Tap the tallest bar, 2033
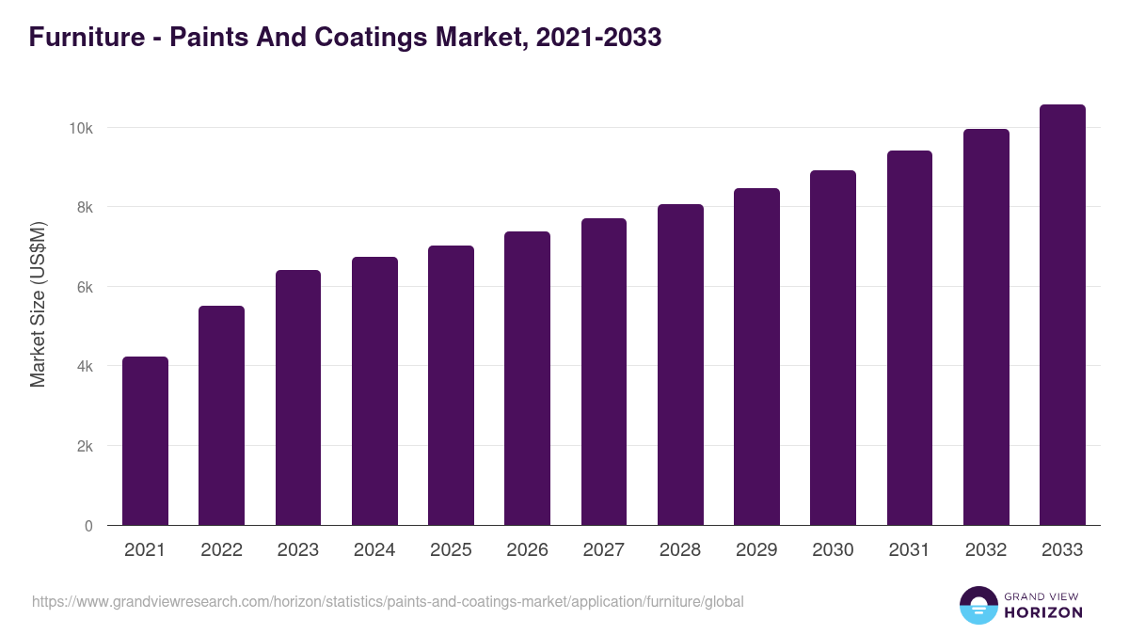[1062, 314]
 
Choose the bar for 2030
[833, 347]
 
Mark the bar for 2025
[451, 385]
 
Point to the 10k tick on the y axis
[83, 128]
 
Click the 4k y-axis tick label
[85, 366]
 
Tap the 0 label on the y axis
[88, 526]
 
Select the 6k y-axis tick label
[85, 287]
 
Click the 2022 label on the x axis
[221, 550]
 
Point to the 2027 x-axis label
[603, 550]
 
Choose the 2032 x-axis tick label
[986, 550]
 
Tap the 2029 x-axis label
[756, 550]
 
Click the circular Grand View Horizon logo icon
[978, 605]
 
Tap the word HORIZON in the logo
[1043, 612]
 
